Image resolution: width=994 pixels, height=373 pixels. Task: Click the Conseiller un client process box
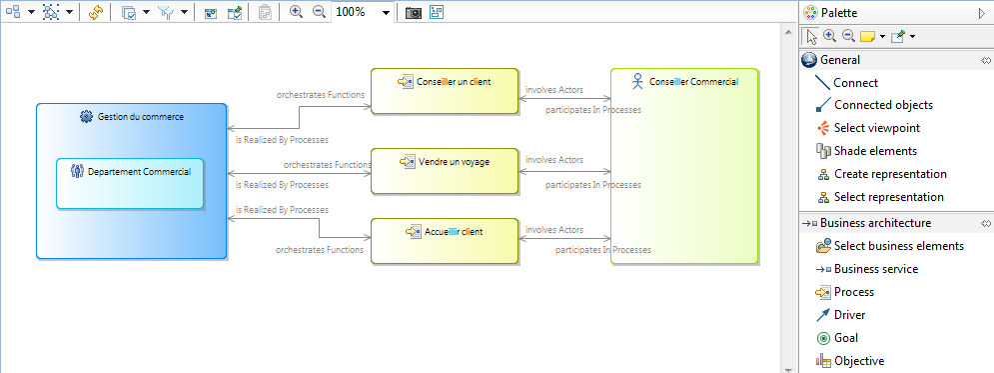(445, 90)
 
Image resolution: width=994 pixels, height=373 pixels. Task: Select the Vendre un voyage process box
(445, 170)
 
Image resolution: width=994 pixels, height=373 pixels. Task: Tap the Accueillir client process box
(445, 241)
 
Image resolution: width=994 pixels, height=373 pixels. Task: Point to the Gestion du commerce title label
(140, 117)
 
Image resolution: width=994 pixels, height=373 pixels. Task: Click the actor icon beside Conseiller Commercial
(637, 81)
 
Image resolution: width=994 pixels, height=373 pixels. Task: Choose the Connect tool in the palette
(855, 83)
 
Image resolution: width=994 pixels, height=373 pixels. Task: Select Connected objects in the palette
(883, 105)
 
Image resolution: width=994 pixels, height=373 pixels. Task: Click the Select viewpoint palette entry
(877, 128)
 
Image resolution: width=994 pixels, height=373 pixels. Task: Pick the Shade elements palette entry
(875, 151)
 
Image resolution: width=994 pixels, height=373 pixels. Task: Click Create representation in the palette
(888, 174)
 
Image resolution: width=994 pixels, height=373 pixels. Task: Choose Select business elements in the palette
(898, 246)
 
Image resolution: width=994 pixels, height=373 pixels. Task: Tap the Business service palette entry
(875, 269)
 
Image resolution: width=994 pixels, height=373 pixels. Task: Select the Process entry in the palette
(854, 292)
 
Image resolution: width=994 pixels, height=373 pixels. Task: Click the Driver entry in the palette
(850, 315)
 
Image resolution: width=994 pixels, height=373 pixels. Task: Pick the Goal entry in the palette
(846, 338)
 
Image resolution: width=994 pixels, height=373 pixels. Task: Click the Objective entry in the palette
(858, 361)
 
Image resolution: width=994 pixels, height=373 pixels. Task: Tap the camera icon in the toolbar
(413, 13)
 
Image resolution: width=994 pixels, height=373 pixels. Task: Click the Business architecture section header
(882, 223)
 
